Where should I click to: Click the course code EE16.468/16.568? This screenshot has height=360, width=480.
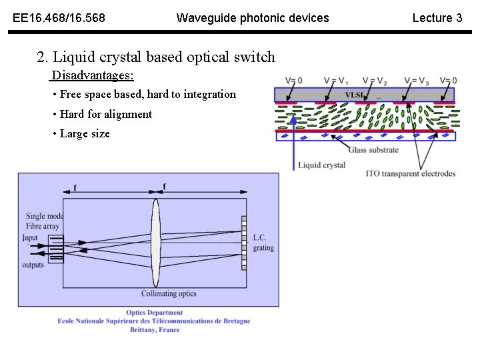coord(59,18)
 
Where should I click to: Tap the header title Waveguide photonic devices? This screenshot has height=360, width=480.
coord(252,18)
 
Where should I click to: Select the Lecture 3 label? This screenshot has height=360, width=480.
coord(437,18)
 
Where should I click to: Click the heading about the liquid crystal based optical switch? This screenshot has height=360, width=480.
coord(156,57)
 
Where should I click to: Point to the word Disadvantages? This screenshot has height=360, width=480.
coord(93,75)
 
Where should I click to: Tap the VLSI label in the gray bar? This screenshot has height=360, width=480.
coord(353,95)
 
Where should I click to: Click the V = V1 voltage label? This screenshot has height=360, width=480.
coord(335,81)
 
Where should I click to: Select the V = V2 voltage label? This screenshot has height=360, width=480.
coord(375,81)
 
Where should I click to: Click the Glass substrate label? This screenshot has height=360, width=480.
coord(373,149)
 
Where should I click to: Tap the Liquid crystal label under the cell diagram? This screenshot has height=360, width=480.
coord(321,165)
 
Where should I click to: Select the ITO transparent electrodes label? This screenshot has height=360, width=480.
coord(411,173)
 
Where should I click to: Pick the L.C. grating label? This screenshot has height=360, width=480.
coord(263,243)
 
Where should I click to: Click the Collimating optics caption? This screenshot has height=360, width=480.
coord(169,293)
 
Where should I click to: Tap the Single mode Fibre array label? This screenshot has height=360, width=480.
coord(44,221)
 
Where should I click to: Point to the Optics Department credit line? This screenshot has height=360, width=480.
coord(154,312)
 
